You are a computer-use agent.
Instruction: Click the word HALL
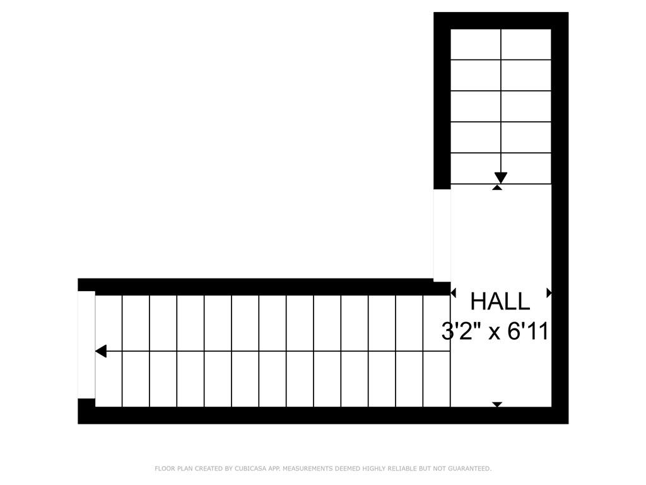(x=500, y=301)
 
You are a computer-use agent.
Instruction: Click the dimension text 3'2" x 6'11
(x=495, y=332)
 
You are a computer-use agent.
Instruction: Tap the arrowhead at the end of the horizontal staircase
(x=101, y=351)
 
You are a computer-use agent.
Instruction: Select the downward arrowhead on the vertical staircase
(x=500, y=177)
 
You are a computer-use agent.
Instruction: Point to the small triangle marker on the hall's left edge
(x=453, y=293)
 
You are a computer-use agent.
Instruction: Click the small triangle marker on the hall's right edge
(x=549, y=293)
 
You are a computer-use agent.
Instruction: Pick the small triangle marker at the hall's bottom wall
(x=497, y=405)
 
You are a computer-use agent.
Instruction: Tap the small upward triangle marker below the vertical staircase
(x=497, y=187)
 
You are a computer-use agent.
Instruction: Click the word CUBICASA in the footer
(x=250, y=469)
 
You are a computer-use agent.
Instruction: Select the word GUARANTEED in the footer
(x=470, y=469)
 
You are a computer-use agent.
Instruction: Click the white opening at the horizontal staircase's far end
(x=86, y=345)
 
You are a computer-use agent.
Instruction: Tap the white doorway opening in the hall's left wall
(x=442, y=235)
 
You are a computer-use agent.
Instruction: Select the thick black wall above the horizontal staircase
(x=264, y=287)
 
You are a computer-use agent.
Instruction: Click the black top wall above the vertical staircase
(x=501, y=21)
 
